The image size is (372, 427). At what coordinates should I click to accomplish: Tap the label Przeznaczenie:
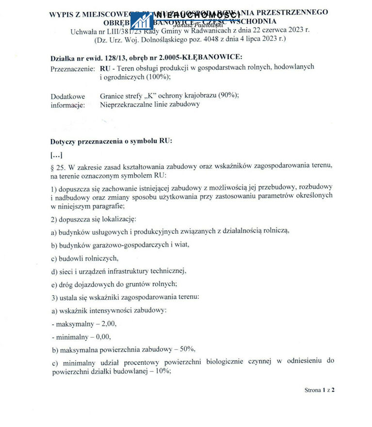(x=73, y=68)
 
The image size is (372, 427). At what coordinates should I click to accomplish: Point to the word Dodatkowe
(x=67, y=97)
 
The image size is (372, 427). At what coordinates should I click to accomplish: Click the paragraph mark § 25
(x=58, y=166)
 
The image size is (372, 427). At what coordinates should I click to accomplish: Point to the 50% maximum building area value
(x=186, y=349)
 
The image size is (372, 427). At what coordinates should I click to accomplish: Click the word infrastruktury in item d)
(x=129, y=271)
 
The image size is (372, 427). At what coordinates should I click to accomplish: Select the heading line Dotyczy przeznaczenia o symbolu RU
(x=112, y=141)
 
